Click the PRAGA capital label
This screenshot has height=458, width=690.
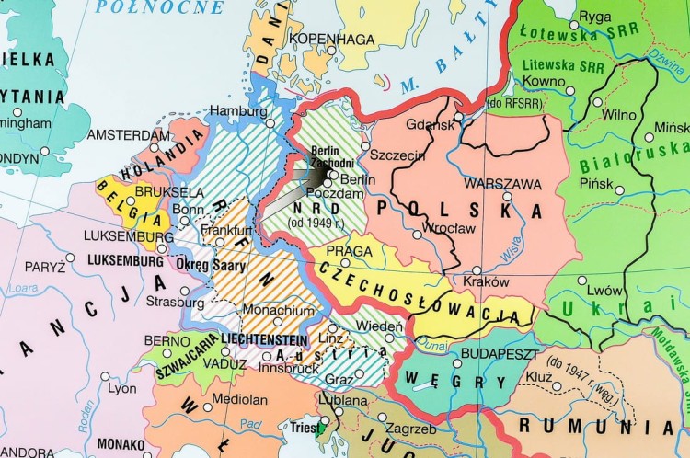[x=348, y=250]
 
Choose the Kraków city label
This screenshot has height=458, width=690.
[x=487, y=281]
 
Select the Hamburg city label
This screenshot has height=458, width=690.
[x=238, y=110]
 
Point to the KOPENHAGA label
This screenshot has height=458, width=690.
[x=332, y=39]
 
